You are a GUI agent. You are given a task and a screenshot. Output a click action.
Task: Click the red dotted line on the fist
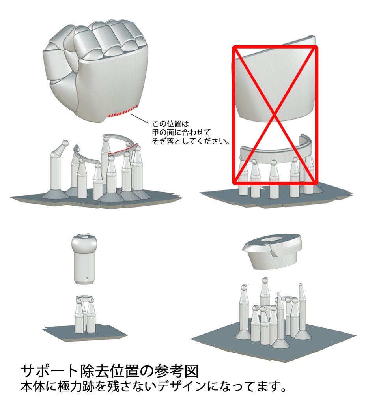[x=123, y=111]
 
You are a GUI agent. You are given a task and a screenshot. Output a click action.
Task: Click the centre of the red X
[x=275, y=115]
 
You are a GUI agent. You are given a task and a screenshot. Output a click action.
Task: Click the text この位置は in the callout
[x=170, y=124]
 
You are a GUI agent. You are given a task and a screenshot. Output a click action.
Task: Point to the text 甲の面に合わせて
[x=181, y=133]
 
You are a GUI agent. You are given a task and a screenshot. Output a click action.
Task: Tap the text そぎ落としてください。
[x=191, y=141]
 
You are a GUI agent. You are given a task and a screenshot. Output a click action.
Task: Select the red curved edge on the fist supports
[x=123, y=150]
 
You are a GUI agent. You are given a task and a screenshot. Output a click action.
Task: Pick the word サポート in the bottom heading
[x=49, y=371]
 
